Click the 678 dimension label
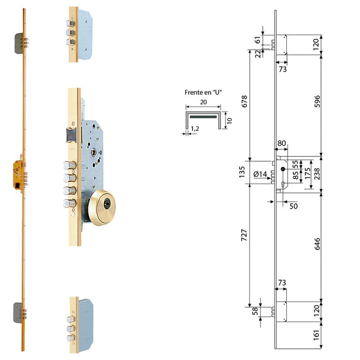[244, 101]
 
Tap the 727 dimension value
[244, 235]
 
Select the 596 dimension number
[317, 101]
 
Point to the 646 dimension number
[317, 244]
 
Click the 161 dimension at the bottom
[316, 335]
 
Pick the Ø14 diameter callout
[260, 174]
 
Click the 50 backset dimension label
[294, 206]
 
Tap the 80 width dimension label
[282, 143]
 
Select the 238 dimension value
[317, 174]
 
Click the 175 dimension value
[308, 173]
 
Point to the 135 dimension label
[242, 172]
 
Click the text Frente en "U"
[203, 92]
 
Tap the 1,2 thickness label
[195, 128]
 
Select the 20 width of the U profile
[203, 102]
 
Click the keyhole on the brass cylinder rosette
[107, 204]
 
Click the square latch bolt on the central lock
[71, 135]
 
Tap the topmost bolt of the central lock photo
[70, 165]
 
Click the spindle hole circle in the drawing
[282, 169]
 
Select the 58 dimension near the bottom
[255, 311]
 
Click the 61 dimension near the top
[258, 40]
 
